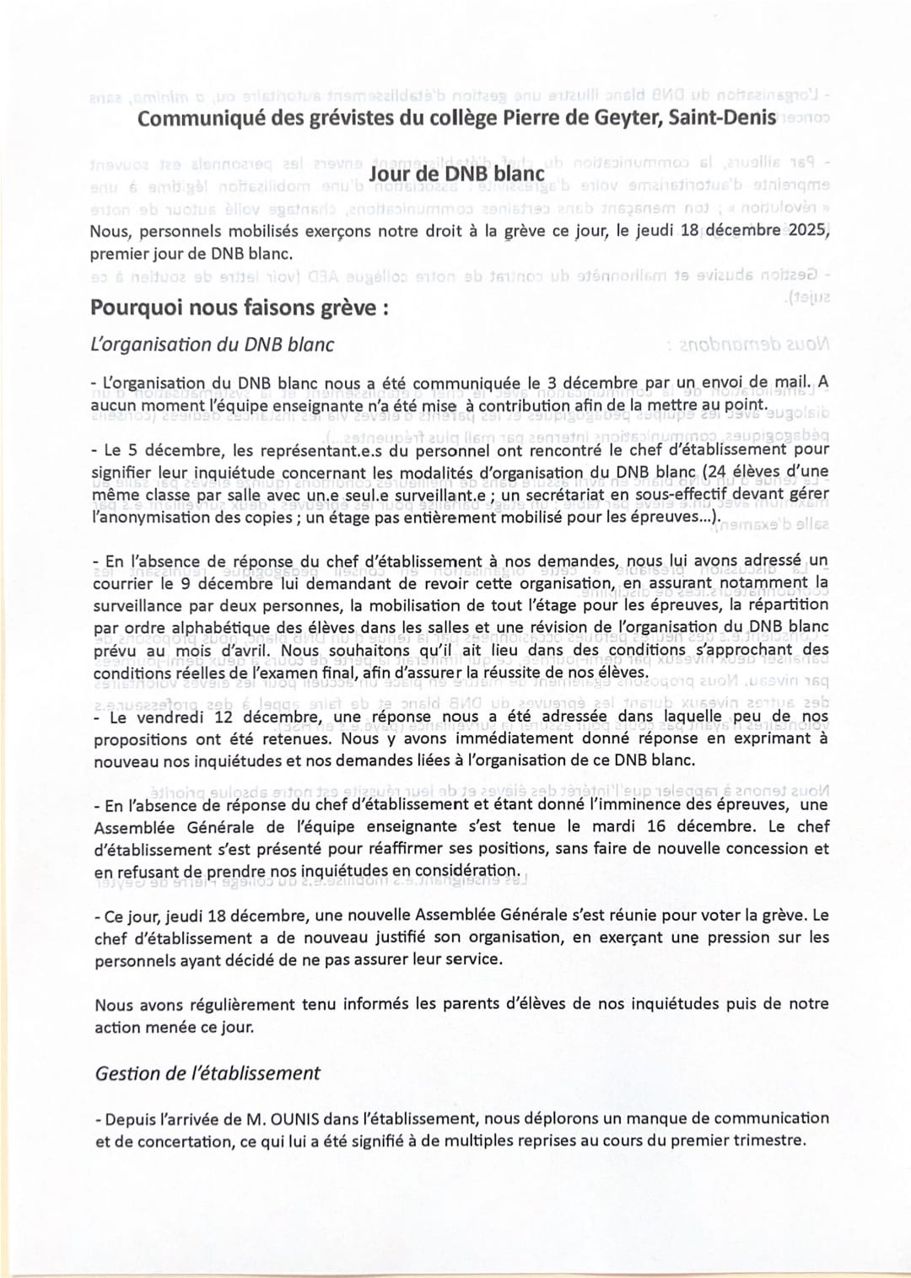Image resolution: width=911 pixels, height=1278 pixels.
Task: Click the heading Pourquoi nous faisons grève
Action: pyautogui.click(x=239, y=308)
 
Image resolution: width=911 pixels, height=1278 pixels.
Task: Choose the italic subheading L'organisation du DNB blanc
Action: pyautogui.click(x=212, y=345)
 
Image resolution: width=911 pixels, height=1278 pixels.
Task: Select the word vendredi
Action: pyautogui.click(x=178, y=718)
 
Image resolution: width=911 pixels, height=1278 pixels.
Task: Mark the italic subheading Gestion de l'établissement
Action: pyautogui.click(x=208, y=1073)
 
